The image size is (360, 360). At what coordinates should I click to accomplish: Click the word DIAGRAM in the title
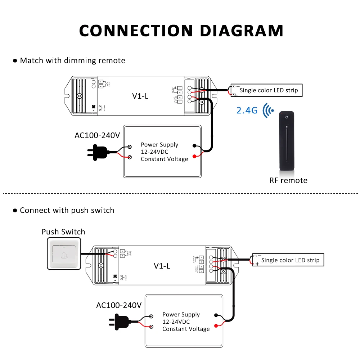tap(242, 30)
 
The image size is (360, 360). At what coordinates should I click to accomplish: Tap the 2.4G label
tap(247, 110)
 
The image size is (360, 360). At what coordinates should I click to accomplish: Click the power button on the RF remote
tap(287, 117)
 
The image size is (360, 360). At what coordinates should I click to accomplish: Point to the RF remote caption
tap(288, 180)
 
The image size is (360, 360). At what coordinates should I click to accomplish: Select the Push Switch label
tap(63, 232)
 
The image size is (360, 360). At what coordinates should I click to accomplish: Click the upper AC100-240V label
tap(97, 135)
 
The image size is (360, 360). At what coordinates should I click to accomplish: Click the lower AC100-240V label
tap(119, 305)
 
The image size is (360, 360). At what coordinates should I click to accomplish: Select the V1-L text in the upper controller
tap(140, 96)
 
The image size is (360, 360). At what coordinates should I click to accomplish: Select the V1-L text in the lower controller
tap(162, 266)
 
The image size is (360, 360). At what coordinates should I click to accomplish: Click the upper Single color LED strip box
tap(269, 90)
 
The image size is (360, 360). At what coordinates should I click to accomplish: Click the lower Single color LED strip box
tap(290, 260)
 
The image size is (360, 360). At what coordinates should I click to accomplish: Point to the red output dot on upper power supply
tap(195, 156)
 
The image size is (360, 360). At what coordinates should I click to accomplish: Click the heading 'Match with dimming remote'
tap(72, 60)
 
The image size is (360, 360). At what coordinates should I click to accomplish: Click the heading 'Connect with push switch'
tap(67, 210)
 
